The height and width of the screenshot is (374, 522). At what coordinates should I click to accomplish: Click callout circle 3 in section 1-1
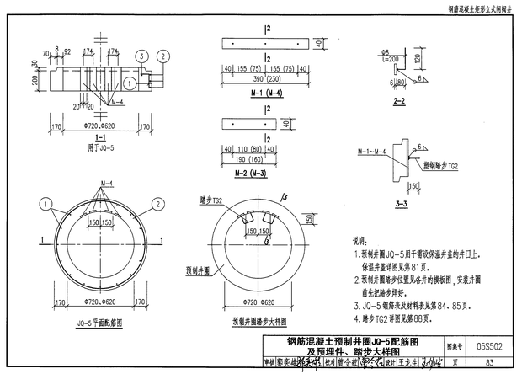142,55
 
